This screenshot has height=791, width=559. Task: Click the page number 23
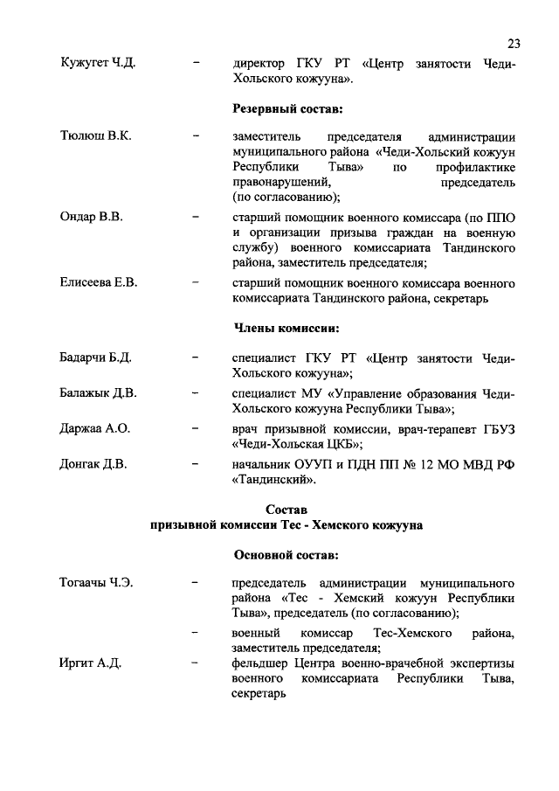coord(514,44)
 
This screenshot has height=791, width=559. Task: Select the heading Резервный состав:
coord(286,109)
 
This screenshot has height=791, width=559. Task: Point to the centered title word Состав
coord(286,509)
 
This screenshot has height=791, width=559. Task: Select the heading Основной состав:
coord(286,554)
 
